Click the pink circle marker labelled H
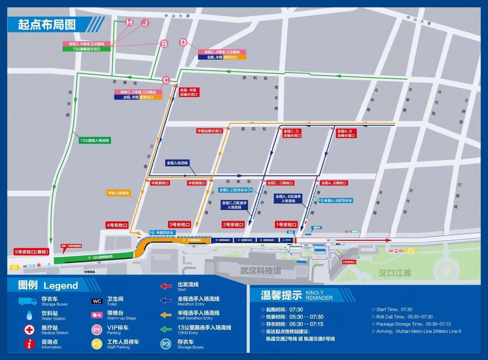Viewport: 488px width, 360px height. (x=129, y=23)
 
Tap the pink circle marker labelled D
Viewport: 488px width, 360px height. (x=183, y=42)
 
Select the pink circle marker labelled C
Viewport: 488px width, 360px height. (x=166, y=81)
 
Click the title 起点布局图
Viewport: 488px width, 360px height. (x=47, y=24)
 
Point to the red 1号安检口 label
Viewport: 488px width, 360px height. (x=287, y=225)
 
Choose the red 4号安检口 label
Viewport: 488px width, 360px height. (x=117, y=225)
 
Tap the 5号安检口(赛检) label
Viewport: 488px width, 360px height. (x=30, y=251)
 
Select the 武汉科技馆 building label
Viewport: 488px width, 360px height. (x=260, y=271)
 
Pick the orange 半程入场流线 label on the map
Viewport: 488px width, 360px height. (x=118, y=193)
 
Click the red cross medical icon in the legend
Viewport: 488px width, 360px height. (x=28, y=329)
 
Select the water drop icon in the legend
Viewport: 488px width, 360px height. (x=28, y=315)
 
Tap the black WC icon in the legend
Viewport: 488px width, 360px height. (x=97, y=301)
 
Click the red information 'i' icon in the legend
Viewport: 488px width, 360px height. (x=28, y=344)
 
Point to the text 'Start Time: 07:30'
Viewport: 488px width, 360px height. (x=394, y=310)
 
